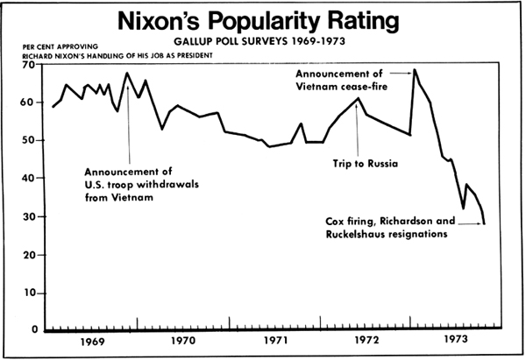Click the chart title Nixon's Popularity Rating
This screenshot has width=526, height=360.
pyautogui.click(x=262, y=21)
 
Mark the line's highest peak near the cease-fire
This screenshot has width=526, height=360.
pyautogui.click(x=415, y=69)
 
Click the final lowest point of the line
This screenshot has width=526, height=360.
pyautogui.click(x=484, y=224)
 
